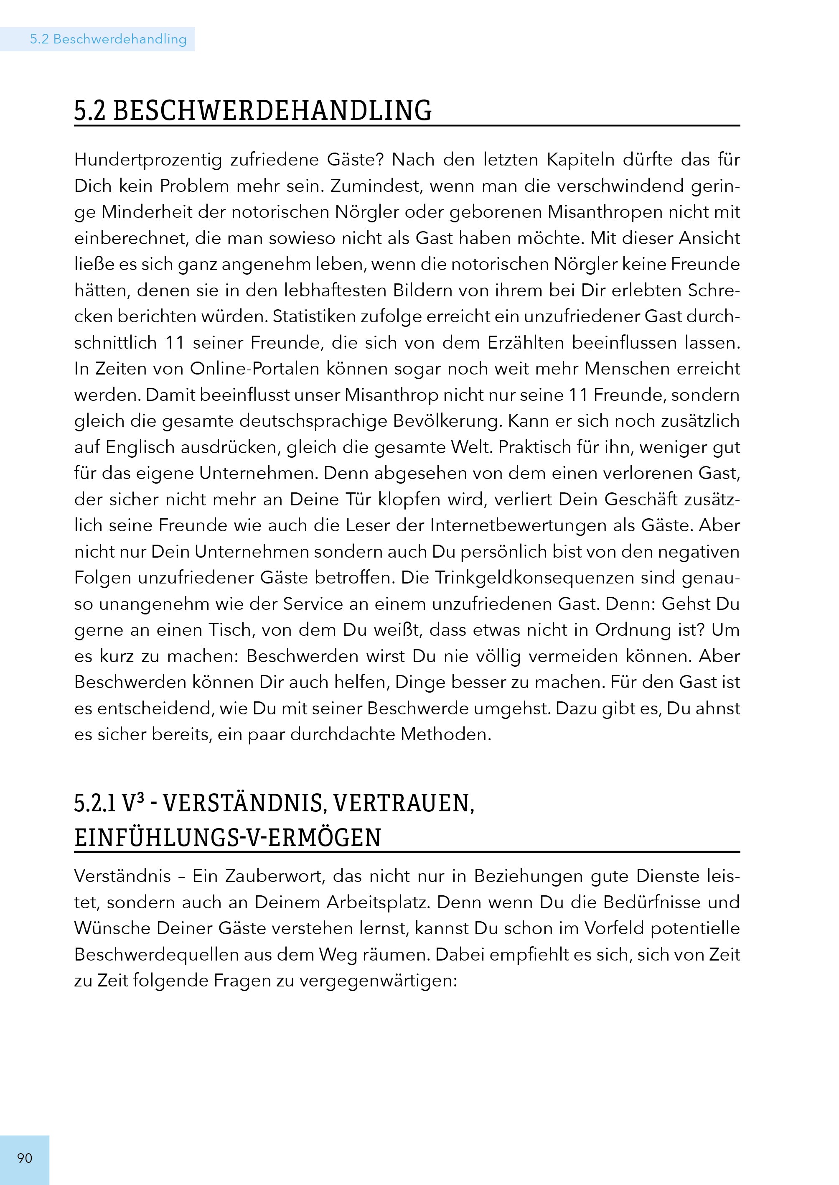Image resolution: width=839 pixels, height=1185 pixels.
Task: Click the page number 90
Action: pyautogui.click(x=25, y=1158)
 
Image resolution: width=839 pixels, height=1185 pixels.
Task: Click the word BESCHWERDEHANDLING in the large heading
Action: pyautogui.click(x=272, y=111)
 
